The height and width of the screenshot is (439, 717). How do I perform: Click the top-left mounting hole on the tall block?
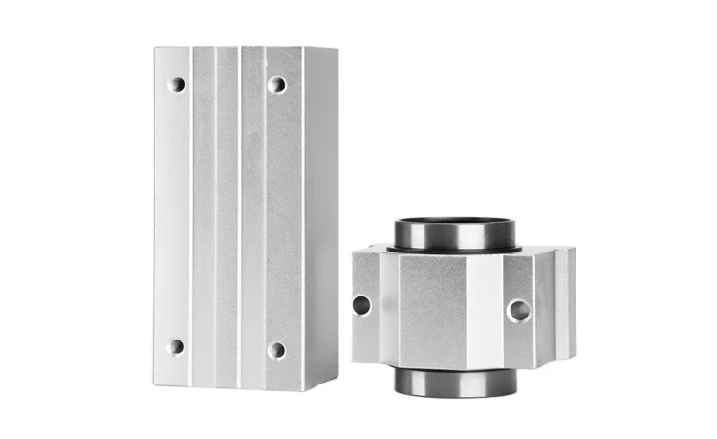pyautogui.click(x=177, y=84)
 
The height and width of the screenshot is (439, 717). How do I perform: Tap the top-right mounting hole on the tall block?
pyautogui.click(x=276, y=84)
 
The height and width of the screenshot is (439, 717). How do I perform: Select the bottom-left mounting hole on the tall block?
pyautogui.click(x=176, y=346)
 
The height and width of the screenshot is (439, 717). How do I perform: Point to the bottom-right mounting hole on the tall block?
pyautogui.click(x=276, y=350)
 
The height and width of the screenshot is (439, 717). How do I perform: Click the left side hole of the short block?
pyautogui.click(x=361, y=305)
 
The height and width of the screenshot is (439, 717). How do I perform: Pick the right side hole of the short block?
pyautogui.click(x=518, y=310)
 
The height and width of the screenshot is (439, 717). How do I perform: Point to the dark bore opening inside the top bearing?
pyautogui.click(x=455, y=226)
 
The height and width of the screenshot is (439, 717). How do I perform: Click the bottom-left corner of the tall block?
pyautogui.click(x=155, y=384)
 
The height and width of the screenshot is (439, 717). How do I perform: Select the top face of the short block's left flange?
pyautogui.click(x=369, y=250)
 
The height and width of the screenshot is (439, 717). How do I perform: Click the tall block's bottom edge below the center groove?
pyautogui.click(x=239, y=387)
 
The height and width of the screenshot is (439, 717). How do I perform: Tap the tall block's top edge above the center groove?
pyautogui.click(x=239, y=47)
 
